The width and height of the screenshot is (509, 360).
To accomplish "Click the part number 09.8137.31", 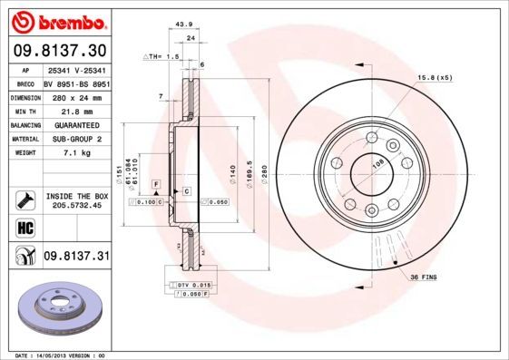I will [x=76, y=258].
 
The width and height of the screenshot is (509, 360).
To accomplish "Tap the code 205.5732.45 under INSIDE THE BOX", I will [x=76, y=205].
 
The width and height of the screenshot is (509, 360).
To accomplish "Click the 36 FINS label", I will [x=424, y=276].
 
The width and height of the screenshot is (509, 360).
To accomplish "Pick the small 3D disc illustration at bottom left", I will [x=56, y=308].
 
